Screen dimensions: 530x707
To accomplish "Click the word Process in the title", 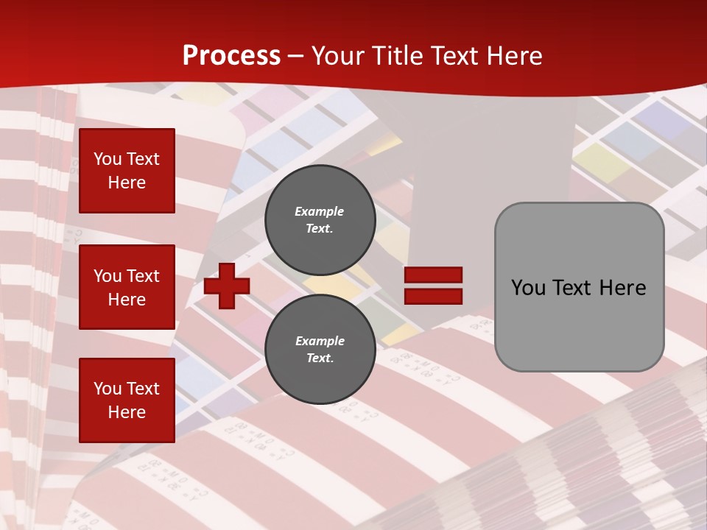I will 231,56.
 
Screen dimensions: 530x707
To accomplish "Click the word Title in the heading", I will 395,56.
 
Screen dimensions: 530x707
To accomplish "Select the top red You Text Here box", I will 127,171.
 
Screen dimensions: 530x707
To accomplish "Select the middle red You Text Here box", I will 127,287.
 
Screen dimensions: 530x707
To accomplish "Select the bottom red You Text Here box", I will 127,400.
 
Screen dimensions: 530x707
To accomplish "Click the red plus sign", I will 227,286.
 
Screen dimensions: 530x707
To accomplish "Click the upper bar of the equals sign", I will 433,275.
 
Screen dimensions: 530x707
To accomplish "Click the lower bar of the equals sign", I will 433,296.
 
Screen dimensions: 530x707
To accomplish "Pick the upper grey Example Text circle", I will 320,219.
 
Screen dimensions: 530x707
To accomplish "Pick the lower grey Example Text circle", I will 320,349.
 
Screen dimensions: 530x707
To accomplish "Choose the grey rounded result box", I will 579,287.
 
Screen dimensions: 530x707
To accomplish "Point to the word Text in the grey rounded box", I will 577,288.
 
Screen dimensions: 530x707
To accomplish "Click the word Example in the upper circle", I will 320,211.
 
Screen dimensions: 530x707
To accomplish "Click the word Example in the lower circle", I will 320,341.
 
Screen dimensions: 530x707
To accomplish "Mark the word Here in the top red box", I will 127,183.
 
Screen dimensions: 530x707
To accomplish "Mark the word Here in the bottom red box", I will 127,412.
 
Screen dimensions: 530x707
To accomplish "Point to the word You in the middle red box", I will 107,276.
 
